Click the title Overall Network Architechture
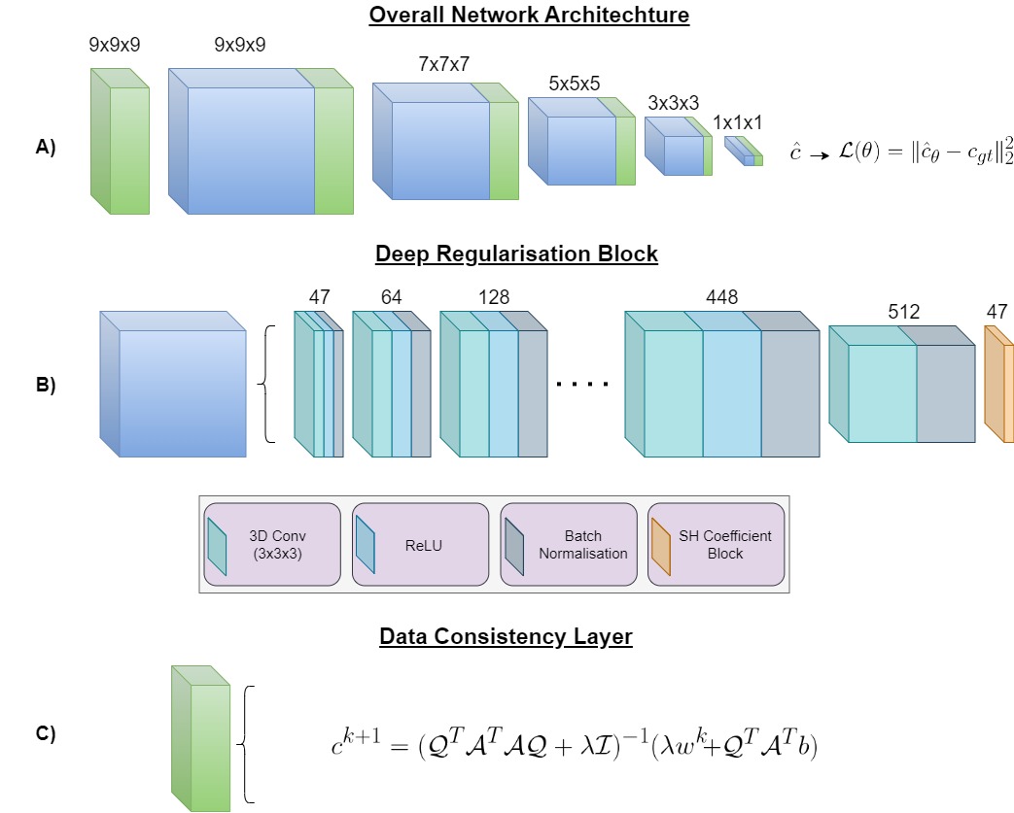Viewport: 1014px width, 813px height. (x=529, y=17)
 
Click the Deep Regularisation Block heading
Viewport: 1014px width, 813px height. (x=516, y=254)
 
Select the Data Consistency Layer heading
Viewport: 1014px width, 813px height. (x=506, y=637)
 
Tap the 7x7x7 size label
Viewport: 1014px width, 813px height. (x=444, y=63)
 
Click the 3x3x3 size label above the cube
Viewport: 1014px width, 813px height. (x=673, y=103)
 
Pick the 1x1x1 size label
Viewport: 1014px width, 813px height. (x=738, y=123)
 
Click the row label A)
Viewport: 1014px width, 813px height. (x=46, y=148)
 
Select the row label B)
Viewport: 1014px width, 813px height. (x=46, y=385)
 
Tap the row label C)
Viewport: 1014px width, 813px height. (x=46, y=734)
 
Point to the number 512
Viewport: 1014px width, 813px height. (x=904, y=312)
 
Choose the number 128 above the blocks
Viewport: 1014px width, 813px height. (x=493, y=297)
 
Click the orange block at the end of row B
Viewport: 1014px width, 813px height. (x=998, y=390)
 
